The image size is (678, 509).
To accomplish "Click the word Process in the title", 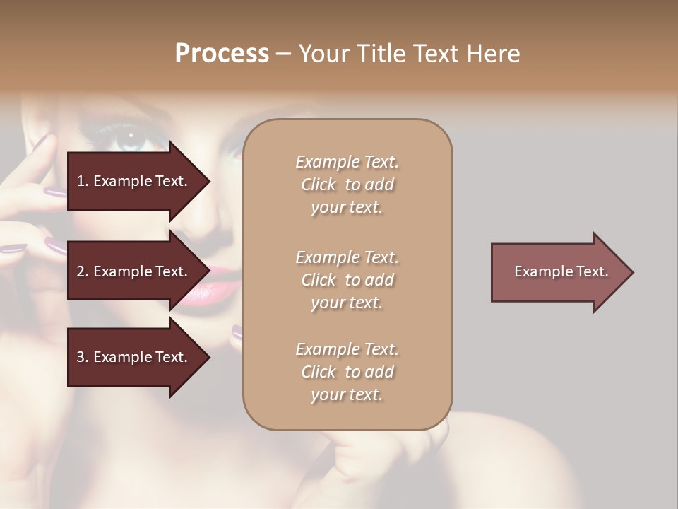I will point(222,54).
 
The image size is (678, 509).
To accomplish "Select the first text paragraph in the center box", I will point(347,185).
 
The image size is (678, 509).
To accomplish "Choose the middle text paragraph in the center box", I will point(347,280).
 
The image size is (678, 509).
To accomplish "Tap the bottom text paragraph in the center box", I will point(347,372).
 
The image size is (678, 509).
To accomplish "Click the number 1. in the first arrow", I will point(83,181).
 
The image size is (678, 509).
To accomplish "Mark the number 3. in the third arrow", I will point(83,357).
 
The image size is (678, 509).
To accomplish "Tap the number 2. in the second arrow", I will point(83,271).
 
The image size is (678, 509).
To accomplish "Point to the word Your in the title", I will point(323,54).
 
